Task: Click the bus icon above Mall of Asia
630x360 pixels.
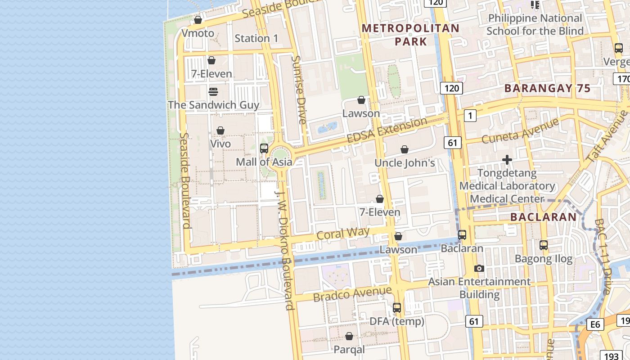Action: click(x=264, y=148)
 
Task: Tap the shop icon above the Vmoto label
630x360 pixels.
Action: click(x=198, y=20)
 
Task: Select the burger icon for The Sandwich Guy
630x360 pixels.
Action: click(x=213, y=92)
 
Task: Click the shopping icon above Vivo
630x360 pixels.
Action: click(x=220, y=130)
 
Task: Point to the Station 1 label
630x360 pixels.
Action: click(x=256, y=38)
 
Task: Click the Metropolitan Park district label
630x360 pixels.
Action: click(x=410, y=35)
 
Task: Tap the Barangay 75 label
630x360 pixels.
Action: click(x=547, y=88)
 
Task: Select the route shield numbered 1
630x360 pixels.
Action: click(x=470, y=116)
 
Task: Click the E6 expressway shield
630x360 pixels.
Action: click(x=595, y=324)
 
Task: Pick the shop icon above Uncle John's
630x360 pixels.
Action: click(x=405, y=149)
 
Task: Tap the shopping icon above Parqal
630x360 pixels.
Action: click(x=349, y=336)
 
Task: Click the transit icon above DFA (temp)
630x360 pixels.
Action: click(x=397, y=308)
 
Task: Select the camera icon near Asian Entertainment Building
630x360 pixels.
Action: click(x=479, y=268)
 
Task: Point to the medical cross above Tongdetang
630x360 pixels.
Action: click(x=507, y=160)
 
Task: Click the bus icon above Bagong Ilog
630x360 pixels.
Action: click(x=544, y=245)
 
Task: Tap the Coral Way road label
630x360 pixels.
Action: click(x=343, y=234)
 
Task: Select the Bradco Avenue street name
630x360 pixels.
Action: click(x=352, y=294)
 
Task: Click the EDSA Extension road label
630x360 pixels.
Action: click(x=387, y=130)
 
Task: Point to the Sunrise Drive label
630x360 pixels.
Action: click(x=299, y=90)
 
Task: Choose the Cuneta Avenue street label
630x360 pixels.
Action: click(x=520, y=130)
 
